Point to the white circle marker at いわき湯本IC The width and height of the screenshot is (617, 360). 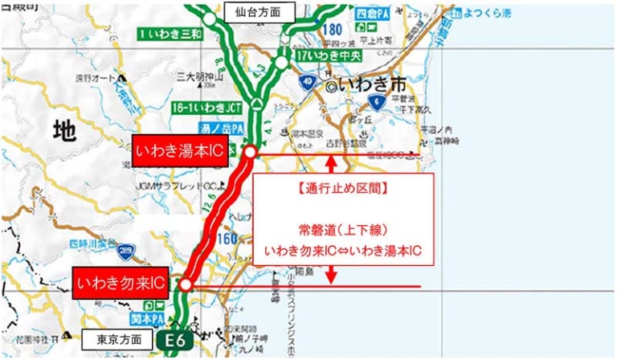(x=250, y=152)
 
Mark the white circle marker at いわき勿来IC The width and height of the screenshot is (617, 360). (x=186, y=285)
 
